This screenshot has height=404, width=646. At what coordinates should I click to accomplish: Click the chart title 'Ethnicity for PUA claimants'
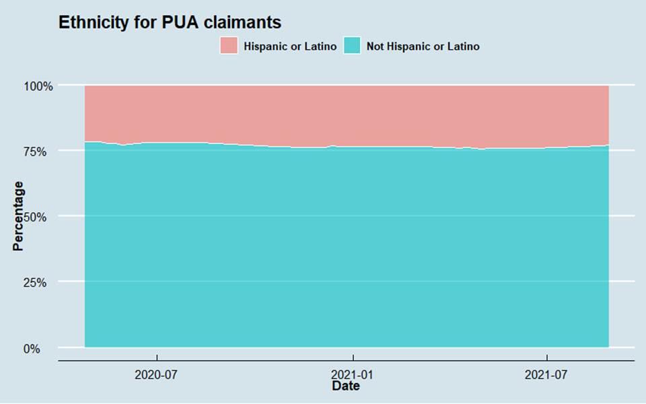tap(170, 22)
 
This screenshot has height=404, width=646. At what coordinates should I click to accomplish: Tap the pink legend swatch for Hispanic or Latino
tap(229, 46)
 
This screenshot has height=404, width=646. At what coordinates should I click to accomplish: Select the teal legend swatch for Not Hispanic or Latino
tap(353, 46)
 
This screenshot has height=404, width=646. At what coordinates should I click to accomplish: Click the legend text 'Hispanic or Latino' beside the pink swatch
tap(290, 46)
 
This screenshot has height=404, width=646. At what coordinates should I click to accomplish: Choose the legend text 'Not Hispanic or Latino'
tap(423, 46)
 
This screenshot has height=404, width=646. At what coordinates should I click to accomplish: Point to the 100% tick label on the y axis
tap(38, 86)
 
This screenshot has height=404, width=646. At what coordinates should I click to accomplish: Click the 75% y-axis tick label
tap(40, 151)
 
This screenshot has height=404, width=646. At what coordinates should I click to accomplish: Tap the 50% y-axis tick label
tap(40, 217)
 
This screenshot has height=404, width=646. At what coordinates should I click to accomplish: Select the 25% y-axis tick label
tap(40, 283)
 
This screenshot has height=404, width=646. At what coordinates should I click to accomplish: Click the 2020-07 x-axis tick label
tap(157, 374)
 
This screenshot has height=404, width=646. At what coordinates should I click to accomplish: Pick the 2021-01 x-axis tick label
tap(352, 374)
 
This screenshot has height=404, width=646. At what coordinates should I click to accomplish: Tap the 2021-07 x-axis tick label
tap(546, 374)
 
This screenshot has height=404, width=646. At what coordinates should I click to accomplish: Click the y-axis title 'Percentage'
tap(18, 215)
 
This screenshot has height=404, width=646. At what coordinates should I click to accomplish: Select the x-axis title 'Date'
tap(346, 386)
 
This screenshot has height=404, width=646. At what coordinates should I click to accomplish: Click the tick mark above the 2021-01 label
tap(352, 364)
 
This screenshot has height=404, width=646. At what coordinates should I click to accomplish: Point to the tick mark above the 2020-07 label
tap(157, 364)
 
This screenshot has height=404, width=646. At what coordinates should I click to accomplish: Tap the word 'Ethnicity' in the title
tap(92, 22)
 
